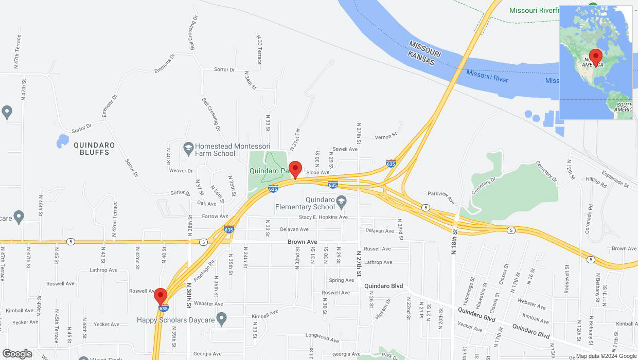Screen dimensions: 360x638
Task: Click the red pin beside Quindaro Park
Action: point(295,169)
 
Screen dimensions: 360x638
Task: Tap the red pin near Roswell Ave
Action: point(161,296)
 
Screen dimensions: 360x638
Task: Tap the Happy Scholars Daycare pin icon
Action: point(222,320)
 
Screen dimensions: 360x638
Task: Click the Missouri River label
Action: point(487,76)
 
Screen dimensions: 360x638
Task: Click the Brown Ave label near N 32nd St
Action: point(303,241)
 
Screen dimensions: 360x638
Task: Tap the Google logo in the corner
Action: point(17,354)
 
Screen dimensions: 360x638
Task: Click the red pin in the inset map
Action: point(596,56)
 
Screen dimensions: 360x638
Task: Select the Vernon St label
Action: point(386,136)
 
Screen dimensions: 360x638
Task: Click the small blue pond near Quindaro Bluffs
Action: point(62,140)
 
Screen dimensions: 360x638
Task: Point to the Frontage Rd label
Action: point(204,269)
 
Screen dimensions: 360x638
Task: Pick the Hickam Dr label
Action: point(384,308)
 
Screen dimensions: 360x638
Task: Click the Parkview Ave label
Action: point(441,196)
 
